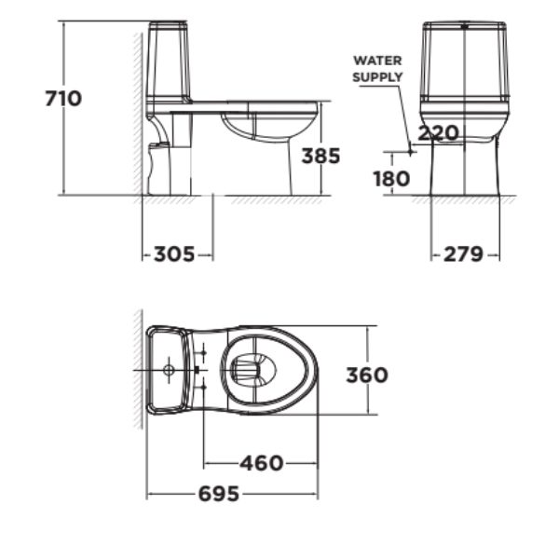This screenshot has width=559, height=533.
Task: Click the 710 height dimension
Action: (64, 98)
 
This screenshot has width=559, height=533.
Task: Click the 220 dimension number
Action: (437, 133)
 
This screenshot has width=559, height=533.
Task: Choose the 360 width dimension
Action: (366, 376)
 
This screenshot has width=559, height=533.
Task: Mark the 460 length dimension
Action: (261, 463)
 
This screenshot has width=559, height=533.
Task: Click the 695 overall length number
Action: (218, 494)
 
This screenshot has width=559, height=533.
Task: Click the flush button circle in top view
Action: (169, 370)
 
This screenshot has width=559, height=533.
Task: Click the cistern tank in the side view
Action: (169, 63)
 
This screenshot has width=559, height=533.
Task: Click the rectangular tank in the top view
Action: (170, 370)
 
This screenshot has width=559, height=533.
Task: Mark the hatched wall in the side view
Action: (137, 112)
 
